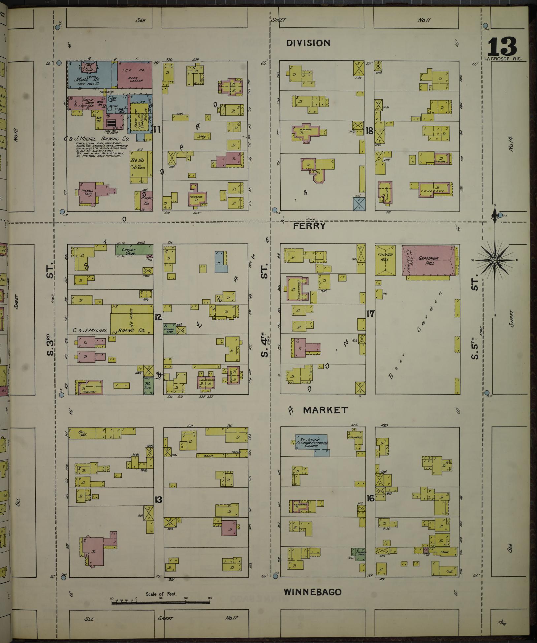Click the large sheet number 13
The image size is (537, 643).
click(502, 47)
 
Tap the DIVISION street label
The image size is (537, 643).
click(308, 43)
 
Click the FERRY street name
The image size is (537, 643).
click(309, 226)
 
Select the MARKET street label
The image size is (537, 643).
click(325, 410)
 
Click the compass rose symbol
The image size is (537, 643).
click(494, 261)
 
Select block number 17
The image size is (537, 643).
click(370, 313)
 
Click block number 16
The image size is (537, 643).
click(370, 507)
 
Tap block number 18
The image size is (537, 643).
click(369, 131)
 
